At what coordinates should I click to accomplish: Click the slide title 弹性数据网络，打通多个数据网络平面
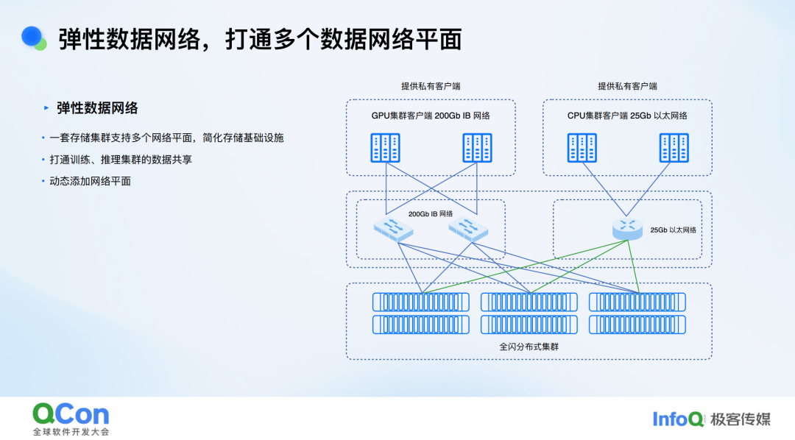(259, 39)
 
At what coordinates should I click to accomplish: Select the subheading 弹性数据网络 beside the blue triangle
(97, 108)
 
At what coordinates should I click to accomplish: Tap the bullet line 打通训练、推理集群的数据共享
(121, 159)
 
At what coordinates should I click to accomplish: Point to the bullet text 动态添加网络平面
(90, 181)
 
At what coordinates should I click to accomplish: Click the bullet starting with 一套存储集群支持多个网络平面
(166, 138)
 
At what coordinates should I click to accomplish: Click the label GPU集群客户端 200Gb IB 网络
(431, 116)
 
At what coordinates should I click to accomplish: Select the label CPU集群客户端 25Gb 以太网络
(627, 116)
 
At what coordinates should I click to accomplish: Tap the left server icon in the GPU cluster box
(385, 148)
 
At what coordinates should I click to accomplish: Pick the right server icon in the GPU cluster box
(477, 148)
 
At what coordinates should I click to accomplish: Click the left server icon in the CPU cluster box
(582, 148)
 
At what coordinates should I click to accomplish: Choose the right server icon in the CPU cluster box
(674, 148)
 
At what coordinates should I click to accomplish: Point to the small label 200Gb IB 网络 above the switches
(431, 214)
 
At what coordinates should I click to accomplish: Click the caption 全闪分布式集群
(529, 346)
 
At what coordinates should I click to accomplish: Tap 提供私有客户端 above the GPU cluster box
(431, 86)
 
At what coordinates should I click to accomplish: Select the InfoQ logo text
(678, 419)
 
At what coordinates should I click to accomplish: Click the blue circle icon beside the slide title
(32, 37)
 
